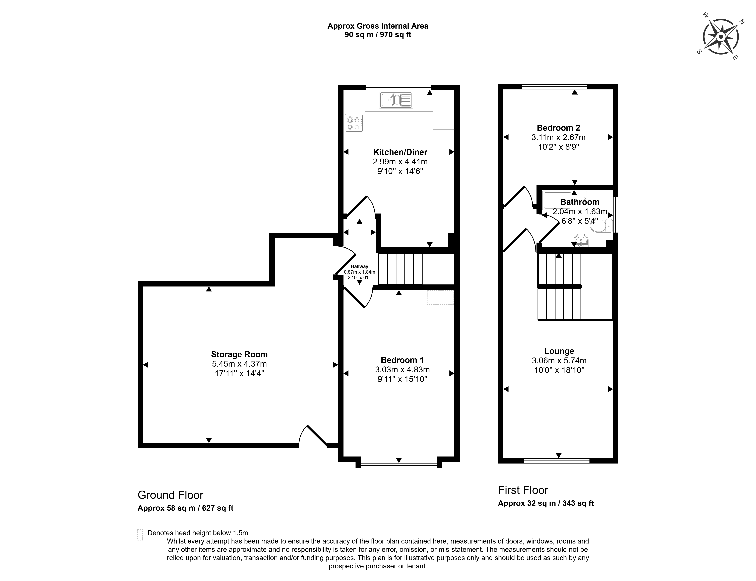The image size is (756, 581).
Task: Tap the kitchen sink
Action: coord(396,100)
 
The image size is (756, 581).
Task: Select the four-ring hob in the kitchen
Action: coord(354,123)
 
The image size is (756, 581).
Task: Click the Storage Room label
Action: coord(239,354)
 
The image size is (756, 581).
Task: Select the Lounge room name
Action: coord(559,351)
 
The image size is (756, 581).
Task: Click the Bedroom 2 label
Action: coord(558,128)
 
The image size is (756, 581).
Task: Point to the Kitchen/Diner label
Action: coord(400,152)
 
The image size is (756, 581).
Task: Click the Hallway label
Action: coord(360,266)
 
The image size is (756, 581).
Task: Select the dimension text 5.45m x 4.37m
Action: coord(239,364)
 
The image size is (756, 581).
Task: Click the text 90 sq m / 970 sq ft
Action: coord(378,35)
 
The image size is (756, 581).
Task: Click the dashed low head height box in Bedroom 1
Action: coord(440,297)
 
